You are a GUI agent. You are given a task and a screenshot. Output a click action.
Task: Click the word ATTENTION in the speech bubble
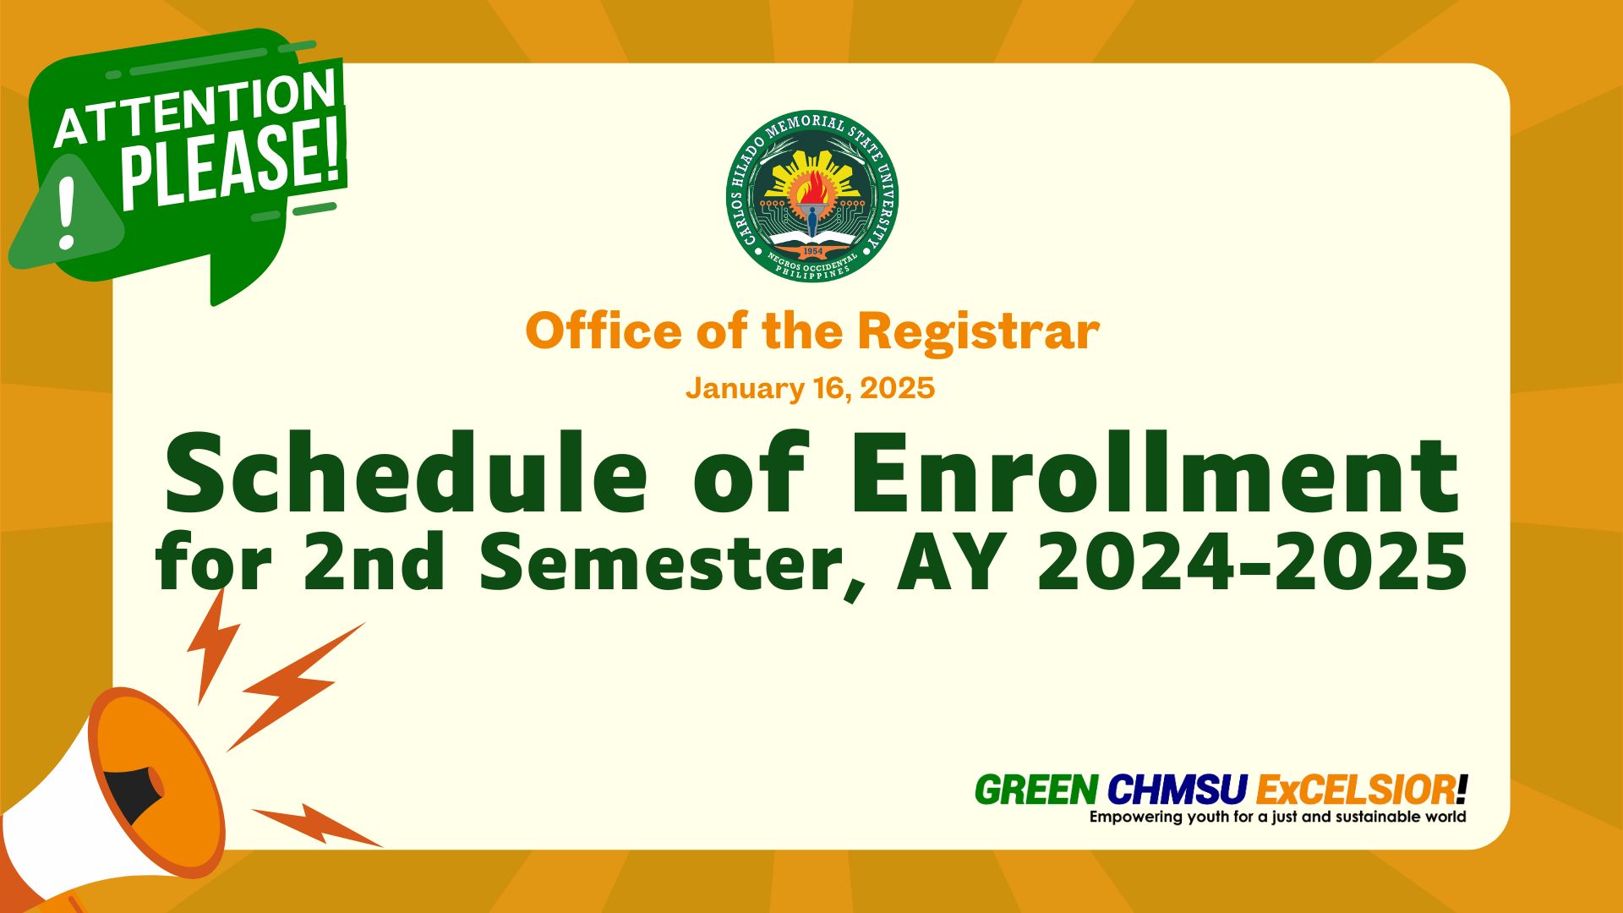click(194, 107)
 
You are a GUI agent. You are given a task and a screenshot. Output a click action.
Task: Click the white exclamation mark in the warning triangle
click(66, 214)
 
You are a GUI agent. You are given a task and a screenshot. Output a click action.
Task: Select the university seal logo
click(812, 196)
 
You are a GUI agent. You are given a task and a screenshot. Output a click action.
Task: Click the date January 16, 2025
click(810, 388)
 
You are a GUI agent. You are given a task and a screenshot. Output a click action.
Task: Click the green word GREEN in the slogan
click(1036, 790)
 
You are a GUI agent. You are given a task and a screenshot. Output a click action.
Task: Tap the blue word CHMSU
click(1178, 790)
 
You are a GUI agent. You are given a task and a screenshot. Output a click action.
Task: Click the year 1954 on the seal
click(812, 251)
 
